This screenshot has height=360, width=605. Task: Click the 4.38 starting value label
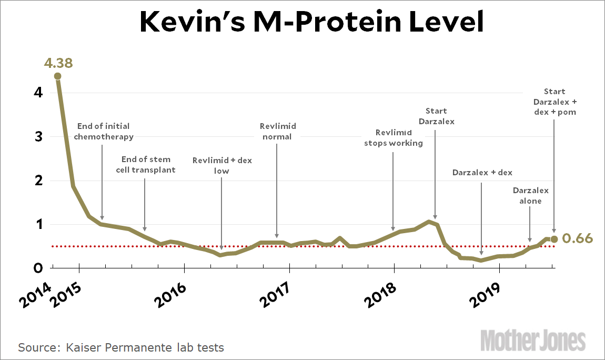click(57, 64)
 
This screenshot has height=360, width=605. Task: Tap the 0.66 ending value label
click(578, 239)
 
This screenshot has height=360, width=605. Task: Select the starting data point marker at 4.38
click(57, 76)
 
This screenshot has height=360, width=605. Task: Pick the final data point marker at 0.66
click(554, 239)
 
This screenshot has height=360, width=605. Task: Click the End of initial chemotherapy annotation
click(103, 132)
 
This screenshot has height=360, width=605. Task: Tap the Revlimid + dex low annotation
click(222, 165)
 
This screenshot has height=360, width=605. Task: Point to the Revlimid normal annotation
click(277, 132)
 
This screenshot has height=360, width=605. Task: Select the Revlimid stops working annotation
click(394, 138)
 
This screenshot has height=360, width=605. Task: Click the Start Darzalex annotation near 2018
click(436, 116)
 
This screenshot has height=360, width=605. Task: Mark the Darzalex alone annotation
click(530, 195)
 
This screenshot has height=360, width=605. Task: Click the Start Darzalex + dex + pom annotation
click(554, 102)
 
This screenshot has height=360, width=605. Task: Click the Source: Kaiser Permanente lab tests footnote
click(121, 347)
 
